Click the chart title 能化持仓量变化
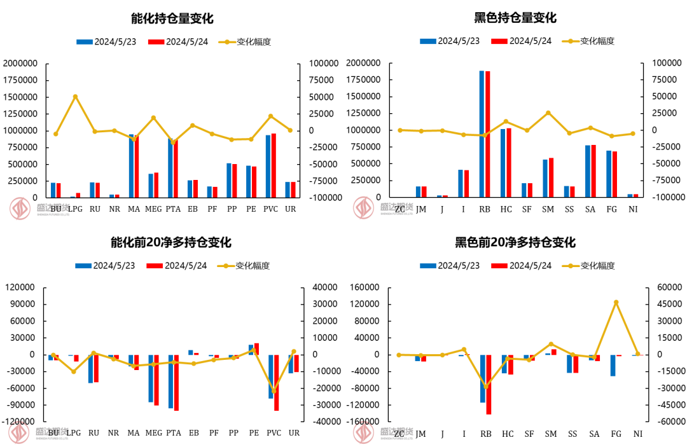click(172, 18)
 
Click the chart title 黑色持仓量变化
click(515, 18)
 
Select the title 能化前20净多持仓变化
click(171, 242)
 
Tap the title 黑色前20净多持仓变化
click(515, 242)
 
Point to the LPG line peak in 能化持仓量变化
click(75, 97)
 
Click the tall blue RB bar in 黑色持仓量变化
click(482, 134)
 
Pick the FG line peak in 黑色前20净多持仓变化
click(616, 302)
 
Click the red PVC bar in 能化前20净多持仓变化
click(277, 382)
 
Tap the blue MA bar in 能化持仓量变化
click(132, 165)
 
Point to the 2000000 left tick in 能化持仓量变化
click(20, 64)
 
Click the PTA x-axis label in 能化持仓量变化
click(173, 209)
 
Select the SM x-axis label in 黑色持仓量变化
click(548, 209)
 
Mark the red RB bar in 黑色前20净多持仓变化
click(489, 384)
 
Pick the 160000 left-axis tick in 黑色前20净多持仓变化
click(364, 287)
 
